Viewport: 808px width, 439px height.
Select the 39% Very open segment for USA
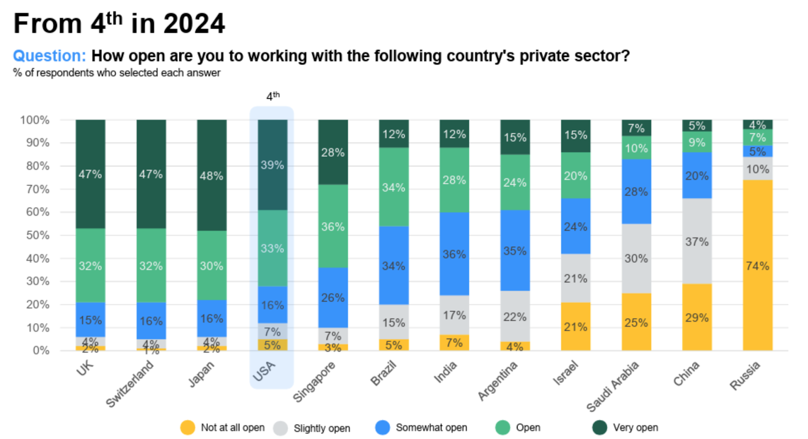point(272,165)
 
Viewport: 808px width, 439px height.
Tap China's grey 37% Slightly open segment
point(696,241)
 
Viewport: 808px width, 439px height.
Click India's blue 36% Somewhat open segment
point(454,254)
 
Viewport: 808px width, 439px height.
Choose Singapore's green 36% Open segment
point(333,226)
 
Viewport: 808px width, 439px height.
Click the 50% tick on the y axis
point(38,235)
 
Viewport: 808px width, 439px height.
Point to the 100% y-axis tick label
point(35,120)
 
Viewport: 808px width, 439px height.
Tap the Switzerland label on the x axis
point(129,385)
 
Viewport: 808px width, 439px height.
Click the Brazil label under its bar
point(383,374)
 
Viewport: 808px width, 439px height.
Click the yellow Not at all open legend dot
point(187,428)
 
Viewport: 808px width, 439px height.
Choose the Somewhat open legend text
point(431,428)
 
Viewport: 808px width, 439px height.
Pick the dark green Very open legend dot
point(599,428)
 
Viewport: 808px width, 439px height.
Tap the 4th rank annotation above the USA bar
point(273,96)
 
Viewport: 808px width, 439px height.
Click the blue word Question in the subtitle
point(49,56)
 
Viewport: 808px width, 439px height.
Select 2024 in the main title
point(194,24)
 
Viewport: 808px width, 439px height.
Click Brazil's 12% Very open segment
point(393,134)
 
